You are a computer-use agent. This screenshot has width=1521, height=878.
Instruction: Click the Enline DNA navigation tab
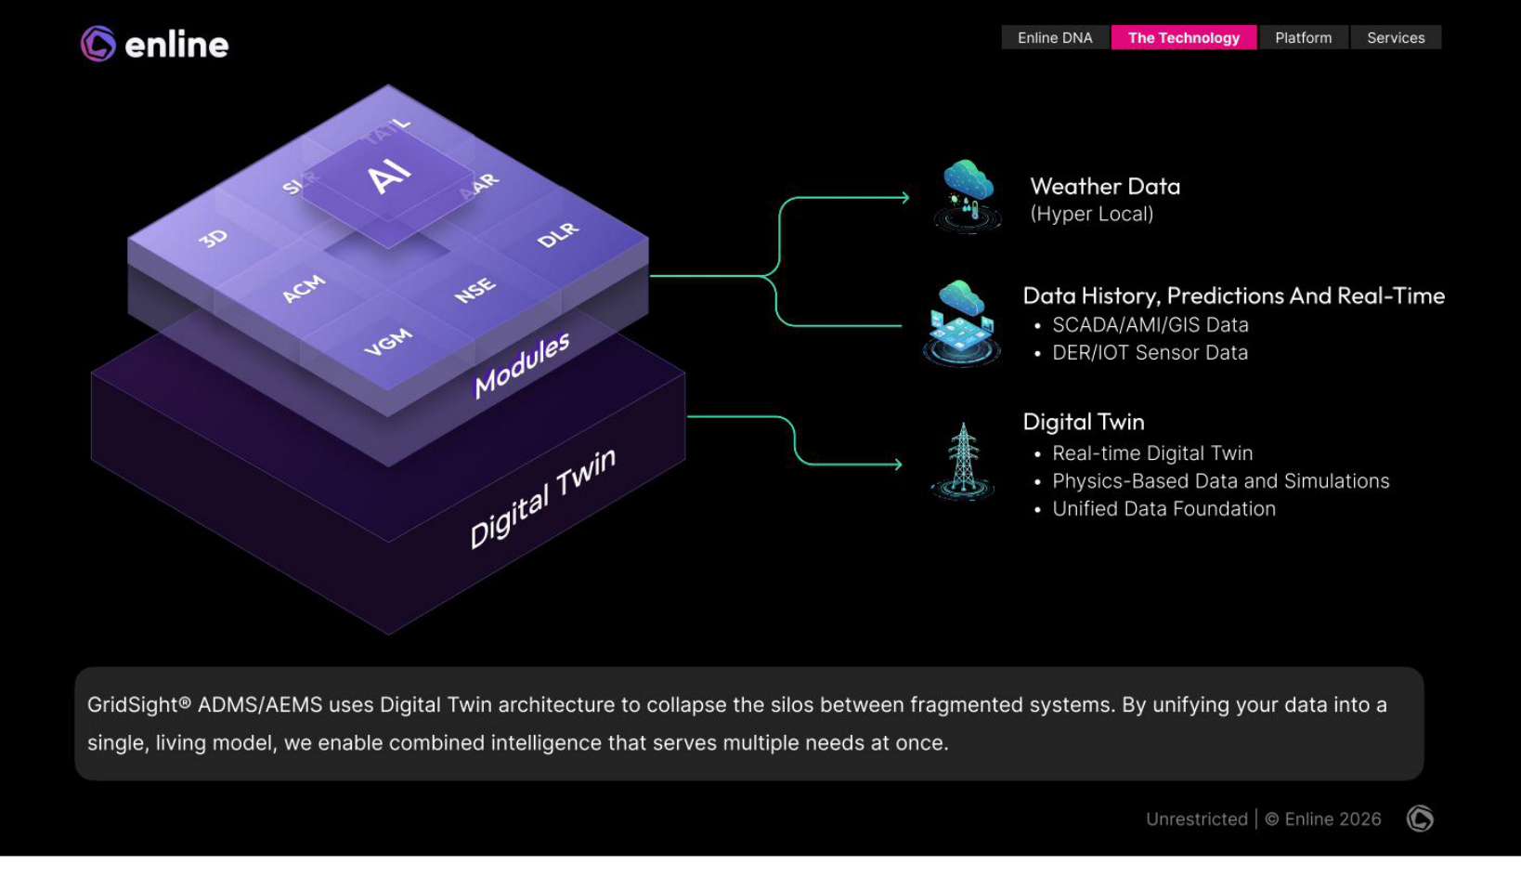tap(1055, 38)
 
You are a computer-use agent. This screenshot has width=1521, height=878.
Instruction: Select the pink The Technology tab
tap(1183, 38)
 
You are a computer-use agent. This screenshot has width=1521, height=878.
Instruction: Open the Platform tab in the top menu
tap(1303, 38)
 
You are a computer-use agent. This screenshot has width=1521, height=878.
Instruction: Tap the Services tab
tap(1395, 38)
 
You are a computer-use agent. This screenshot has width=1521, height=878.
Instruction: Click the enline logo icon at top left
tap(98, 44)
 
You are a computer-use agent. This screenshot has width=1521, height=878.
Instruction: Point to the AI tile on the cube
tap(389, 176)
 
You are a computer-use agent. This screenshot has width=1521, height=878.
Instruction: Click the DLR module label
tap(558, 235)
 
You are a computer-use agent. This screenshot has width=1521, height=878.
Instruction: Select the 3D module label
tap(214, 238)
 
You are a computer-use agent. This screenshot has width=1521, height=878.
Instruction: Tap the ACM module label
tap(304, 289)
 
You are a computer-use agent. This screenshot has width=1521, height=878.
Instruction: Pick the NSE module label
tap(474, 291)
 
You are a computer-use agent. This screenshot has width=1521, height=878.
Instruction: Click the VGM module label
tap(388, 342)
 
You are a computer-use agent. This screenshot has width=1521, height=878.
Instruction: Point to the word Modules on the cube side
tap(522, 364)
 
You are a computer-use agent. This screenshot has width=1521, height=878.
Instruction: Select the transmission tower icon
tap(963, 462)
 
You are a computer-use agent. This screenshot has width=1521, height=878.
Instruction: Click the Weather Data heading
tap(1105, 187)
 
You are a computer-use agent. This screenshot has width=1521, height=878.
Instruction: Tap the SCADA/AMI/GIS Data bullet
tap(1150, 325)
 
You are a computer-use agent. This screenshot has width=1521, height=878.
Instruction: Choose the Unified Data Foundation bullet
tap(1163, 509)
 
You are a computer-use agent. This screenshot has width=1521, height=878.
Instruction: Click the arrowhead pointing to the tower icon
tap(897, 464)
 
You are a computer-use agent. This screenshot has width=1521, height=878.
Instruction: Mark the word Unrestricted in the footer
tap(1196, 819)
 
